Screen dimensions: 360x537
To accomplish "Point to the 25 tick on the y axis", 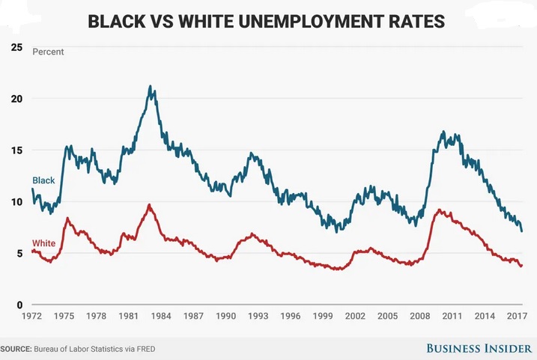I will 16,47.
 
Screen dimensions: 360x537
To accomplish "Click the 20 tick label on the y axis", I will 16,99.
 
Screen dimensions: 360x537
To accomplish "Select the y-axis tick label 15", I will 16,150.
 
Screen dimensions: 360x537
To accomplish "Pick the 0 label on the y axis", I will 19,305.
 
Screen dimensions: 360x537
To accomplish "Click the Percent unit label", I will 48,52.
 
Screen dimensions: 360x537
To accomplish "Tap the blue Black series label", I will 43,180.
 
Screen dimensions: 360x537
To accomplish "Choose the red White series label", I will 44,244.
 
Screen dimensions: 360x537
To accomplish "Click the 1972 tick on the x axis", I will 31,317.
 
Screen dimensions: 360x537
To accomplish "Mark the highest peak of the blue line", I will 151,86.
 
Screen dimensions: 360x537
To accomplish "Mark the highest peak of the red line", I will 149,204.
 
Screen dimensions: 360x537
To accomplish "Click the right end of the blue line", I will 521,231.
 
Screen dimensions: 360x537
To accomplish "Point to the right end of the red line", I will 521,266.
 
